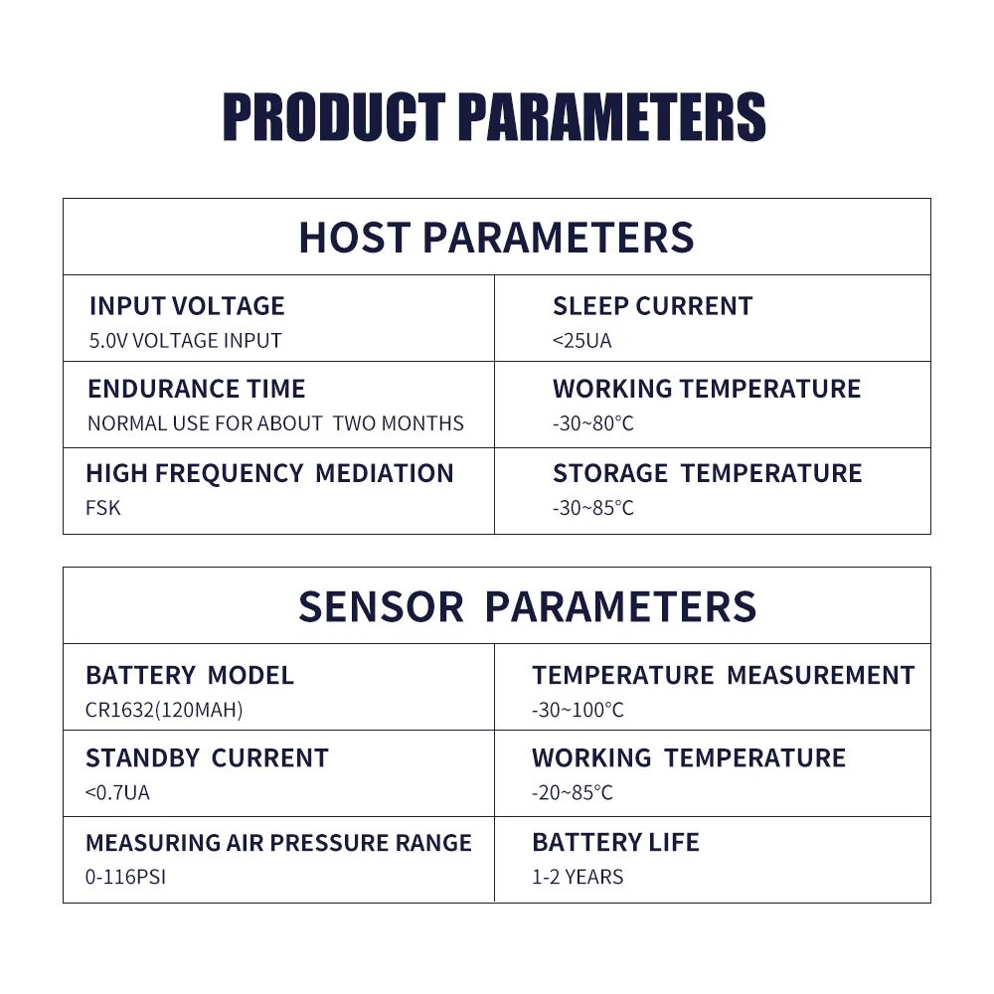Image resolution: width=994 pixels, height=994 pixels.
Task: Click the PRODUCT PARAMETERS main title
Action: click(494, 116)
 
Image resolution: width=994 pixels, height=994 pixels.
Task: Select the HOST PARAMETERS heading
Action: click(496, 238)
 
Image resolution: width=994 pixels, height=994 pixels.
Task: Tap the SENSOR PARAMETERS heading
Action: click(528, 606)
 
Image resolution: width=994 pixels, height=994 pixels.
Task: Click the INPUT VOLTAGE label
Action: click(187, 306)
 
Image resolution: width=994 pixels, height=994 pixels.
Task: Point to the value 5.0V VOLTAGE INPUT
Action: click(185, 340)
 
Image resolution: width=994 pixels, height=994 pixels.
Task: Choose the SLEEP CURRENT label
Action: click(652, 306)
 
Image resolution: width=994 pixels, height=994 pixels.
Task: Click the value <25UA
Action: click(581, 340)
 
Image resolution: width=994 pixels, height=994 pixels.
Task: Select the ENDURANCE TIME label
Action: click(197, 389)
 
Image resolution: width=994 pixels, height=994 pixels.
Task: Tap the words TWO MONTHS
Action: click(399, 422)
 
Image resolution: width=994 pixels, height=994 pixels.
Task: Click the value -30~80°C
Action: click(593, 422)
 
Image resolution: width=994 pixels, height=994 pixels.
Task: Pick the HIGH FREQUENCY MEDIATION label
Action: click(270, 473)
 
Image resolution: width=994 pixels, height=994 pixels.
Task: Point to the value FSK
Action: click(102, 508)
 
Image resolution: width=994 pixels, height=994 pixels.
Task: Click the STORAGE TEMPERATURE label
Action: click(708, 473)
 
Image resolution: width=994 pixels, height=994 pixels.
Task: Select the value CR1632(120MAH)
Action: click(164, 710)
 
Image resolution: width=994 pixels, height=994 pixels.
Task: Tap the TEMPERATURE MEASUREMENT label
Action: click(724, 675)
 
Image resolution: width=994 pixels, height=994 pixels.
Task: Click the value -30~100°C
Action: click(579, 710)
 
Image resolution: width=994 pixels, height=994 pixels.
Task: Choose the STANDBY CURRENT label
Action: click(208, 758)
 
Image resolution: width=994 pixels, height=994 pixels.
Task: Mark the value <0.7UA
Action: click(117, 792)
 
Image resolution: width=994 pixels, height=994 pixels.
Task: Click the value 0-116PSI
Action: click(125, 877)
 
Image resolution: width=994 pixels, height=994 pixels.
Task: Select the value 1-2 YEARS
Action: click(578, 877)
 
